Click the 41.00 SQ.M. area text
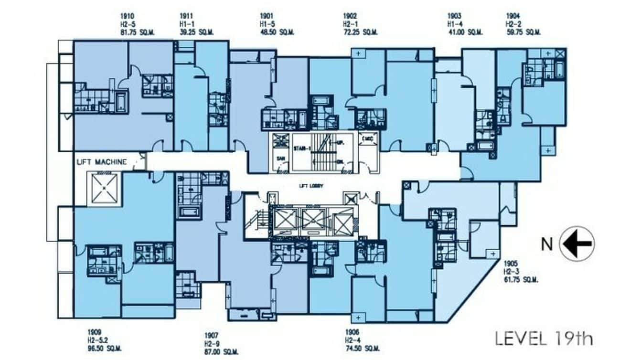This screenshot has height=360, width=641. tap(465, 32)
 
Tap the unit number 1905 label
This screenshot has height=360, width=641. tap(510, 263)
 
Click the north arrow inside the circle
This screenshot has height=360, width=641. tap(577, 244)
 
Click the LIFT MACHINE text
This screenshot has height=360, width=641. tap(102, 162)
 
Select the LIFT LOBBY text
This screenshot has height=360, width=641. tap(307, 186)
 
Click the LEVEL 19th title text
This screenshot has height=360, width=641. tap(544, 339)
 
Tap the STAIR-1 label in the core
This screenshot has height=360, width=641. tap(302, 148)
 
